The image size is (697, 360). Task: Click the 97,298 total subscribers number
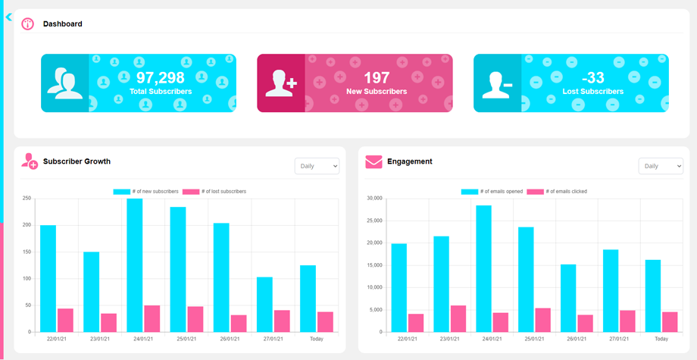pyautogui.click(x=160, y=77)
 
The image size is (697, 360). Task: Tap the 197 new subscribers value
pyautogui.click(x=376, y=77)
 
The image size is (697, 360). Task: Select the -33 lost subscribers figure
pyautogui.click(x=593, y=77)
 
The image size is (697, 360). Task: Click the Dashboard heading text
pyautogui.click(x=63, y=23)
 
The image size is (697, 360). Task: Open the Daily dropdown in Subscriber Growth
pyautogui.click(x=317, y=166)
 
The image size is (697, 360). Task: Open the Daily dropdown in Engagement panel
pyautogui.click(x=661, y=166)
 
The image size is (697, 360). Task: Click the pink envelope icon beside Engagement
pyautogui.click(x=374, y=161)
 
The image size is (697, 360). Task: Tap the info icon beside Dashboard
pyautogui.click(x=28, y=23)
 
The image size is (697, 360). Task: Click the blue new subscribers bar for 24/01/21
pyautogui.click(x=134, y=265)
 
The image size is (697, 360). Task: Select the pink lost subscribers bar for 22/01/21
pyautogui.click(x=65, y=320)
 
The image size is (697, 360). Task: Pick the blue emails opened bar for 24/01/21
pyautogui.click(x=483, y=268)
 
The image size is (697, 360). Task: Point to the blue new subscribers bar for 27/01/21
pyautogui.click(x=264, y=304)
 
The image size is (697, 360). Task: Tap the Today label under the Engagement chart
pyautogui.click(x=661, y=339)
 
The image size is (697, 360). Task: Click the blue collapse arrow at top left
pyautogui.click(x=8, y=17)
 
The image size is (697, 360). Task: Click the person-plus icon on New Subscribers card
pyautogui.click(x=280, y=83)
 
